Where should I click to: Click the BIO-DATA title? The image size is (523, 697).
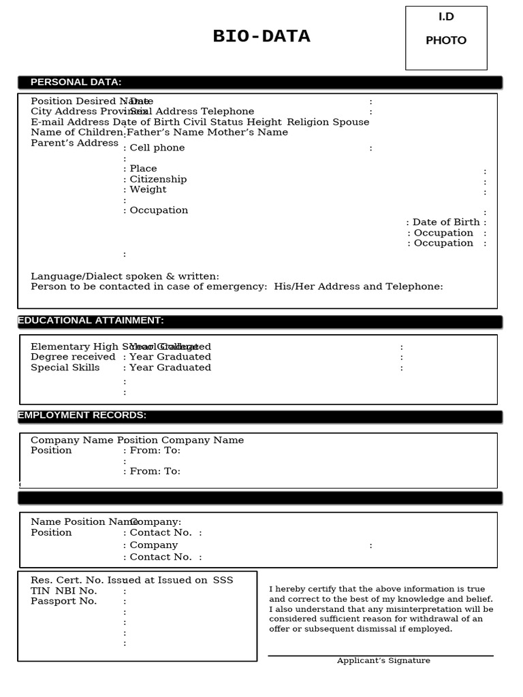(261, 37)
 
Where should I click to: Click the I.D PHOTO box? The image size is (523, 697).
(446, 38)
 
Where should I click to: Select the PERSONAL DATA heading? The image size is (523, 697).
(76, 82)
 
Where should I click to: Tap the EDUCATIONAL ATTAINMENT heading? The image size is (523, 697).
(91, 321)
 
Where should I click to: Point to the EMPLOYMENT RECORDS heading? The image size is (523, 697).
(82, 415)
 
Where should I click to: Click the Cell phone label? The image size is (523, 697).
(157, 148)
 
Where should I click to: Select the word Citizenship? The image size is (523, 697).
(158, 179)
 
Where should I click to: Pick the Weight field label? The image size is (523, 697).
(148, 189)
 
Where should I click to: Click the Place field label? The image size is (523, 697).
(143, 168)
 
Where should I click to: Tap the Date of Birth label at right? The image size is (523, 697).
(446, 222)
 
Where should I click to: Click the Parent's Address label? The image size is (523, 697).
(75, 143)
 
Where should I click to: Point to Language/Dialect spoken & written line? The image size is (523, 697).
(125, 276)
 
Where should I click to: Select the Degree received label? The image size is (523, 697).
(73, 357)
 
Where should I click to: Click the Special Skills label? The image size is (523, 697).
(65, 368)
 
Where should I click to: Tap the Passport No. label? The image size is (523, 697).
(63, 601)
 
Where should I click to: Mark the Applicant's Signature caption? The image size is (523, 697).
(383, 660)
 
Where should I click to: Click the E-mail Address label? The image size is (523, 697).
(70, 122)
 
